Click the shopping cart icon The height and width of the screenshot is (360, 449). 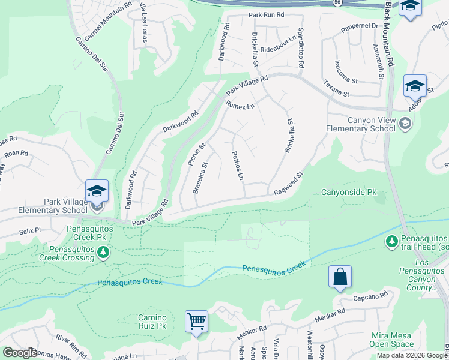[196, 322]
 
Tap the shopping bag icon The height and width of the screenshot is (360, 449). [340, 277]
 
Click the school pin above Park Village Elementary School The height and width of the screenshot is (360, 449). [97, 191]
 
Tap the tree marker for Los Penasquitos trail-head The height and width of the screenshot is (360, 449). [391, 241]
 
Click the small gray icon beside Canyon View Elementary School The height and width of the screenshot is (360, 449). [405, 124]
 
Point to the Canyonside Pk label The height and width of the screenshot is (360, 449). [348, 193]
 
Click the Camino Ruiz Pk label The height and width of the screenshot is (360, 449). [152, 322]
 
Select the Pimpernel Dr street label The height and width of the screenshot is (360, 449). [355, 26]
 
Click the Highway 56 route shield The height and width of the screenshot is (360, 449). [339, 3]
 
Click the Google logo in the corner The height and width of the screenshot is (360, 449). [20, 352]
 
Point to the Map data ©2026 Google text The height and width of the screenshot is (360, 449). [412, 355]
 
